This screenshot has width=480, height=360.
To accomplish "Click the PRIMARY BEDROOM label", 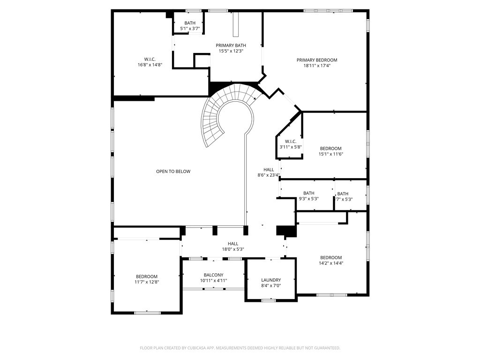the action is click(x=317, y=60).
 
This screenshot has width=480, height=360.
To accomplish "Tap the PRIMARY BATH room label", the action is click(x=231, y=45).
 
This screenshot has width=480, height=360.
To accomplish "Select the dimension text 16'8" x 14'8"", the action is click(x=150, y=65).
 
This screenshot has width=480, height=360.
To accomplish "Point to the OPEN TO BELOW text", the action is click(x=173, y=172).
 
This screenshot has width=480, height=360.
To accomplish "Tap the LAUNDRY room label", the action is click(x=271, y=280).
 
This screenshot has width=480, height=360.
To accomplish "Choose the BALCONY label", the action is click(x=214, y=275).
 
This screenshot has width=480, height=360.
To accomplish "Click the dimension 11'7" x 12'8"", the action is click(x=147, y=282).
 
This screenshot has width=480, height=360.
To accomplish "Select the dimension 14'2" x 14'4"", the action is click(x=331, y=263).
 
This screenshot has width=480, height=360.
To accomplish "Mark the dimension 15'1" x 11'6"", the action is click(x=330, y=154).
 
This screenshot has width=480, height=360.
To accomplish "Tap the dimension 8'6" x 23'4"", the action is click(x=269, y=175).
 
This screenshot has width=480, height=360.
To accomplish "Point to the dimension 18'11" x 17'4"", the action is click(x=317, y=66).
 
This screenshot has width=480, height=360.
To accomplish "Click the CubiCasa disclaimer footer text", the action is click(x=240, y=348).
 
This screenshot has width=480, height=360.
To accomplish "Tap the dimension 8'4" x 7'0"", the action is click(x=271, y=285).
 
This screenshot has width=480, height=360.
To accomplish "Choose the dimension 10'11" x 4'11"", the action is click(x=214, y=280).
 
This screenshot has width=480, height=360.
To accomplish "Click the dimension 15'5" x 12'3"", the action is click(x=231, y=51).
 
